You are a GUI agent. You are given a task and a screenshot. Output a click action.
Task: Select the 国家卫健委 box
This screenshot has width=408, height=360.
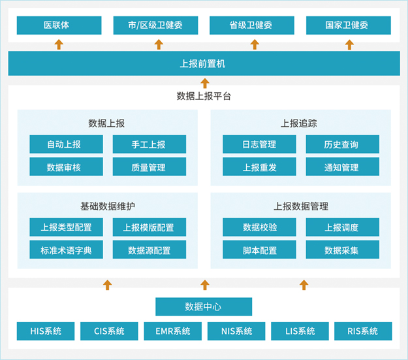point(349,25)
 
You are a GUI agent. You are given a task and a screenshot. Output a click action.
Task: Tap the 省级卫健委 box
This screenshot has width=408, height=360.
point(252,25)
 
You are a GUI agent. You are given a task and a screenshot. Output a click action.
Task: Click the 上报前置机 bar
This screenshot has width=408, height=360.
point(204,64)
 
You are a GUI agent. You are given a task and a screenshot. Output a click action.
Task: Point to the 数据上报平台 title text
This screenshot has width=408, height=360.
point(204,96)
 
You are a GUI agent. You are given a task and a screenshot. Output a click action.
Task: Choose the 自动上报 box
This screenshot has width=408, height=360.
point(66,144)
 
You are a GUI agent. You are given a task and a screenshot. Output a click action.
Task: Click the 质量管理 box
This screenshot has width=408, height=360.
point(149,167)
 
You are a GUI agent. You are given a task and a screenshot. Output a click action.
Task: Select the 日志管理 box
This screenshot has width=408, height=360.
point(259,144)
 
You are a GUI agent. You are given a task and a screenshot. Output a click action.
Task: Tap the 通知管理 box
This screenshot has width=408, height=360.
point(341,167)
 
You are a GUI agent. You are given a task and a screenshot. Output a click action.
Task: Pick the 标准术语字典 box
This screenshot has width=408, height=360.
point(66,250)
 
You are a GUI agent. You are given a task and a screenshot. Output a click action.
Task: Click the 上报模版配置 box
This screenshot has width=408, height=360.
point(149,227)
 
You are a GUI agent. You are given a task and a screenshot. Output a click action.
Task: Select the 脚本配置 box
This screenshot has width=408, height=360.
point(259,250)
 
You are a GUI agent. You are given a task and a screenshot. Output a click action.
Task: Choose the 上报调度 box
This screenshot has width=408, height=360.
point(341,227)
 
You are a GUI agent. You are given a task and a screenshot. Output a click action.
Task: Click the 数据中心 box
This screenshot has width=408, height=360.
point(204,306)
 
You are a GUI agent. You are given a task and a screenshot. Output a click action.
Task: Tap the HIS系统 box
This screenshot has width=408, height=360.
point(46,331)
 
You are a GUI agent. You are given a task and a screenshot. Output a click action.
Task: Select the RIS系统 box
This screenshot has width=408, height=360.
point(363,331)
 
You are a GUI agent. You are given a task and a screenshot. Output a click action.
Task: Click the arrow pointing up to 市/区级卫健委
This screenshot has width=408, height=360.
point(159,44)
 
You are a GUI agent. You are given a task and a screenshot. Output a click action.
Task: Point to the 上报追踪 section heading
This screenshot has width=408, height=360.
point(300,123)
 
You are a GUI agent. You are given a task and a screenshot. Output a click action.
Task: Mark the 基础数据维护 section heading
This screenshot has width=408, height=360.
point(108,206)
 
